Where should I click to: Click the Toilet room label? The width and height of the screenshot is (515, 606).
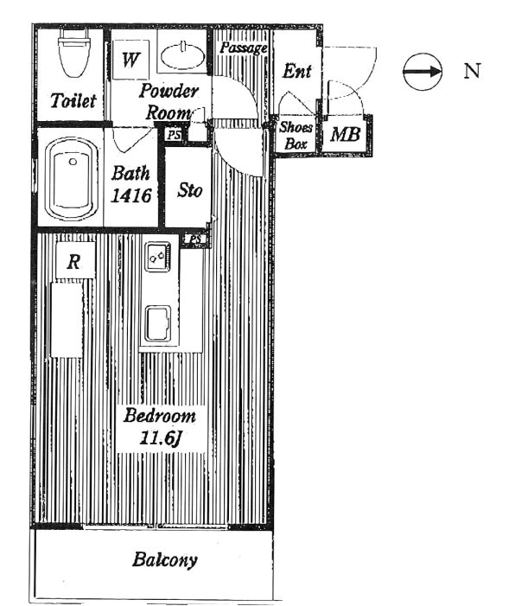click(73, 100)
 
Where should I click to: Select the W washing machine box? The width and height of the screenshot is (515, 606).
click(130, 60)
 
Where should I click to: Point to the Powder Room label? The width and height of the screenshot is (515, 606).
click(168, 102)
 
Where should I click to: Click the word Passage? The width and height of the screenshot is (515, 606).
click(244, 48)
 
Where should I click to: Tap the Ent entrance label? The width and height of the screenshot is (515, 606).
click(296, 71)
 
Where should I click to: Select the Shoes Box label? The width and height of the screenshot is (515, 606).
click(296, 135)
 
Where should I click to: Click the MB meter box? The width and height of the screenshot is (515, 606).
click(345, 135)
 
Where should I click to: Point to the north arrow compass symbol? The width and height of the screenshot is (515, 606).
click(423, 72)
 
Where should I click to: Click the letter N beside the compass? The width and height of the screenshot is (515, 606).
click(472, 71)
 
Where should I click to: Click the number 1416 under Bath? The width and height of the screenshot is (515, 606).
click(131, 196)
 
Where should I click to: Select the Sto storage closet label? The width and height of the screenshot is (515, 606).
click(190, 190)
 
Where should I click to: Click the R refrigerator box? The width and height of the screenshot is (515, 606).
click(75, 260)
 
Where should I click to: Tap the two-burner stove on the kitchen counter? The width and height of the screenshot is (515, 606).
click(157, 256)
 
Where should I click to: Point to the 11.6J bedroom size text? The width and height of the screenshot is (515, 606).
click(161, 438)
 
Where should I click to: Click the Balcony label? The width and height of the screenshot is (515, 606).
click(164, 560)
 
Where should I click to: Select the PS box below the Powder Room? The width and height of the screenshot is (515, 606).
click(174, 135)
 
